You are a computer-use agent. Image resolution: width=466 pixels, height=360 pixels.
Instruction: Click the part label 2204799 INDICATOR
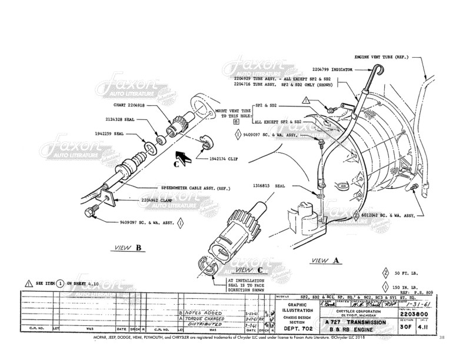pos(330,69)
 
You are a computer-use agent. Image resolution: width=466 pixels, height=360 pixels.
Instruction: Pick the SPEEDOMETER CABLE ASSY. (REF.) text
pos(197,188)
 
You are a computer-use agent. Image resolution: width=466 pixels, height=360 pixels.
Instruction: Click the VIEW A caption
pos(325,260)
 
